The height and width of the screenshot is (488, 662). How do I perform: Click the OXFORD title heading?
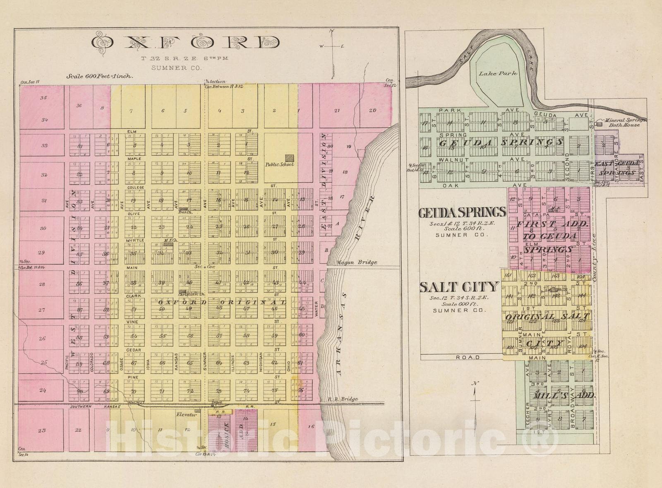coord(185,43)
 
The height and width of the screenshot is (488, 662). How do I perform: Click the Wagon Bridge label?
coord(357,262)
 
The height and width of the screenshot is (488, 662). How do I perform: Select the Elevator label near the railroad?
coord(186,414)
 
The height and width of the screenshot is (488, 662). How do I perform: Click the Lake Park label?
coord(498,73)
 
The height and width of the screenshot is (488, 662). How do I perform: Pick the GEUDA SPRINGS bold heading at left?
coord(462,212)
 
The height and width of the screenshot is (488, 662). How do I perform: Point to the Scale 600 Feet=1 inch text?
coord(99,76)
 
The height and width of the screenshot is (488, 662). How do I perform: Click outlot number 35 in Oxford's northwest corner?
coord(43,98)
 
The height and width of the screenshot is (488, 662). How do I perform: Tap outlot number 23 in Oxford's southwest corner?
coord(41,430)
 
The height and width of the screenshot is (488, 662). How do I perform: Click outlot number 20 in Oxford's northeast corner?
coord(373,110)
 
